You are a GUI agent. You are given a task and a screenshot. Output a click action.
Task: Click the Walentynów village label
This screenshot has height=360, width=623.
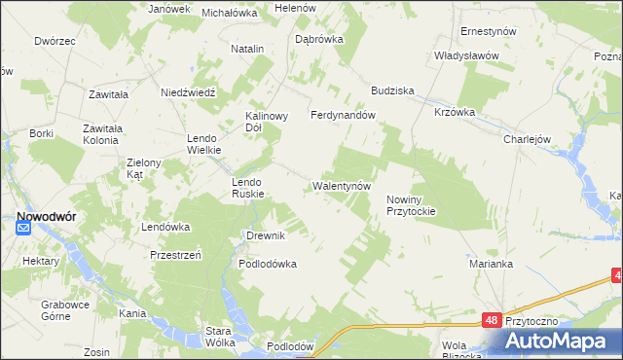[342, 185]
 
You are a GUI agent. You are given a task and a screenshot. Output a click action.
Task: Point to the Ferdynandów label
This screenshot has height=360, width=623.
[343, 115]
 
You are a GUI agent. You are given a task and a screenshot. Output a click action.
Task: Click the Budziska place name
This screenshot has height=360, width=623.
[392, 90]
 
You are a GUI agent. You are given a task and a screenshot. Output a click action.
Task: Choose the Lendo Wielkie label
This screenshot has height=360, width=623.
[205, 144]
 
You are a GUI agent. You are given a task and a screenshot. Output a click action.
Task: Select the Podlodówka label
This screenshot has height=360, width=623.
[268, 264]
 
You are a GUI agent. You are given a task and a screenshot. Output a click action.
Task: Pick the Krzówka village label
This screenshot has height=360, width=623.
[455, 112]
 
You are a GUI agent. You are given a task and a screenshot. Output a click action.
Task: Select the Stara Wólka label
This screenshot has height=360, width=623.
[223, 337]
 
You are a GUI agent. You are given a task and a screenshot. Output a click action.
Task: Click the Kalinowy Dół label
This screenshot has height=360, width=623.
[266, 121]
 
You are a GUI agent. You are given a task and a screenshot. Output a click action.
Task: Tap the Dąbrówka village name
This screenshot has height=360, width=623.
[318, 40]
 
